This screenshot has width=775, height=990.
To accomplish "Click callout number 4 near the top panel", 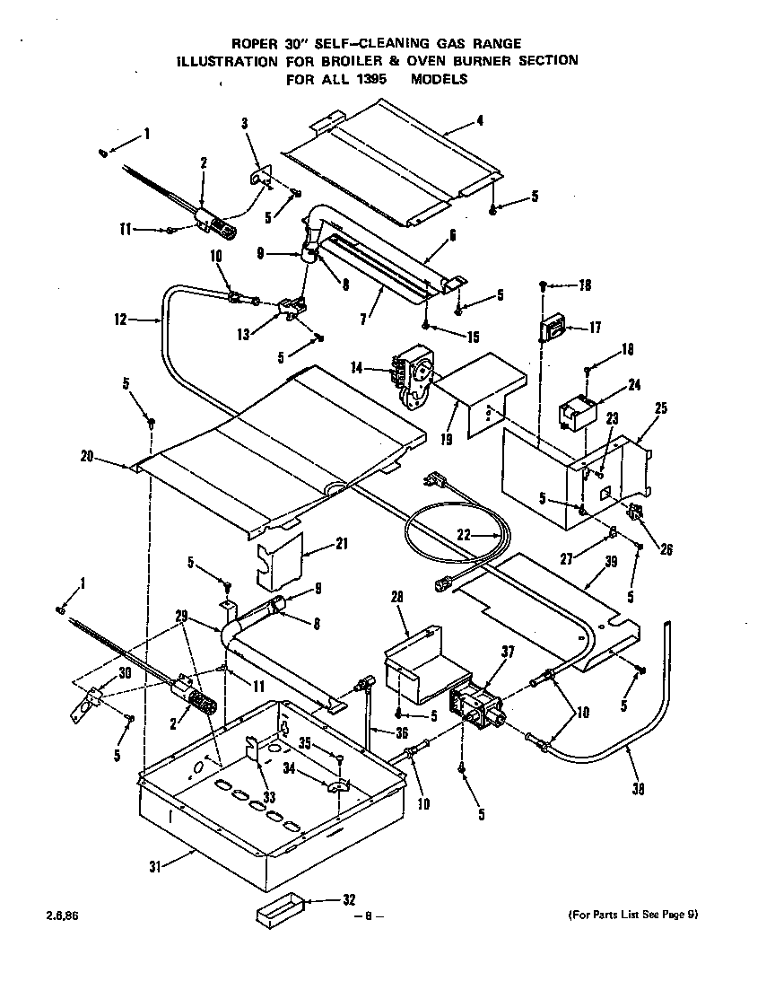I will [481, 119].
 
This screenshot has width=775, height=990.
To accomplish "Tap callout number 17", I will [595, 328].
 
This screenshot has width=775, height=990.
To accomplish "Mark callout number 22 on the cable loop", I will [463, 535].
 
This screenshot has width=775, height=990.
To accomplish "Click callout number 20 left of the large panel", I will [86, 456].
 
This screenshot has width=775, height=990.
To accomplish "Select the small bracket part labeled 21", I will [279, 557].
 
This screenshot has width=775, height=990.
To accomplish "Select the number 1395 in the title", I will [375, 78].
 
